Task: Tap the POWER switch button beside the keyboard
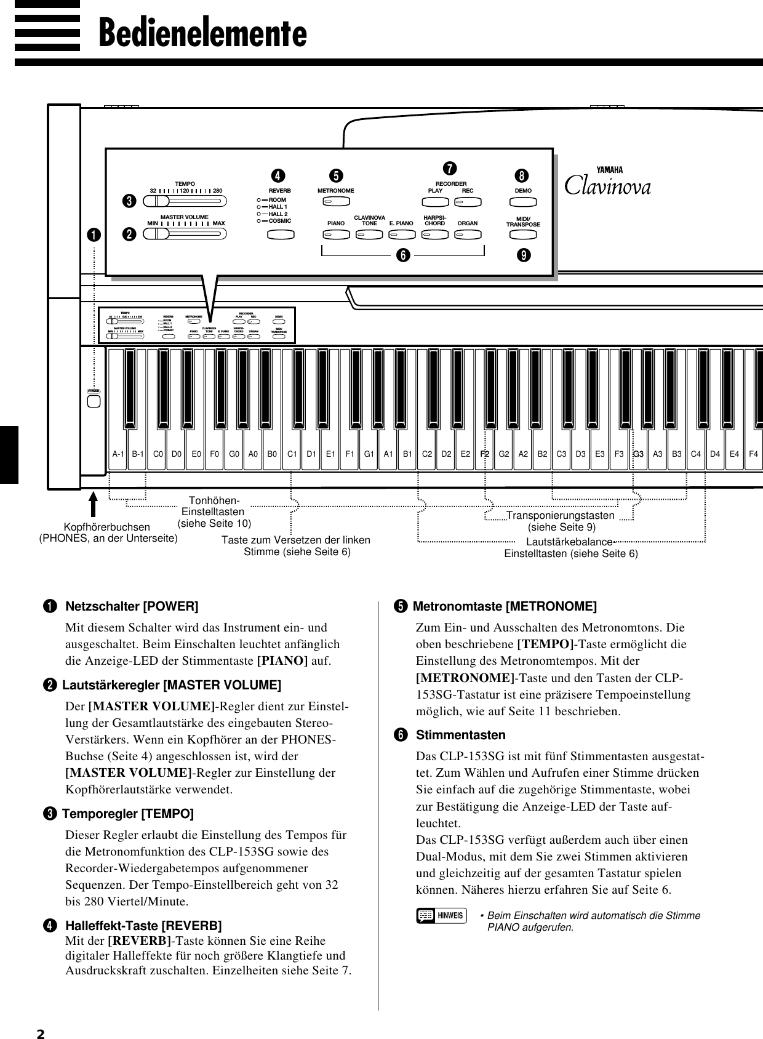pyautogui.click(x=94, y=402)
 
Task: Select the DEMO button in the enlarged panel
pyautogui.click(x=524, y=201)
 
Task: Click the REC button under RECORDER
pyautogui.click(x=468, y=201)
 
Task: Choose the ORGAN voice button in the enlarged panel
pyautogui.click(x=468, y=235)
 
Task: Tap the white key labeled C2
pyautogui.click(x=427, y=454)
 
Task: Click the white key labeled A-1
pyautogui.click(x=118, y=454)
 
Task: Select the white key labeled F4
pyautogui.click(x=753, y=454)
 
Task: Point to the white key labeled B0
pyautogui.click(x=273, y=454)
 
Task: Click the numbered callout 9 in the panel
pyautogui.click(x=524, y=255)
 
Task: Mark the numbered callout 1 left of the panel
pyautogui.click(x=94, y=235)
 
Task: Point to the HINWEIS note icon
pyautogui.click(x=441, y=915)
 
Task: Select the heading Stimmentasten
pyautogui.click(x=461, y=735)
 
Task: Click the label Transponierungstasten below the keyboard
pyautogui.click(x=560, y=515)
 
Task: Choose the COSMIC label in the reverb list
pyautogui.click(x=280, y=220)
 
